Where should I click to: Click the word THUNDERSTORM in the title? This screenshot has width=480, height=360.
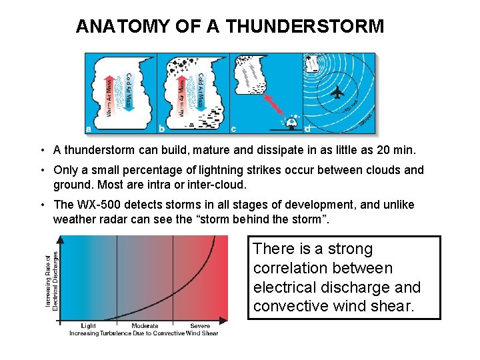click(305, 27)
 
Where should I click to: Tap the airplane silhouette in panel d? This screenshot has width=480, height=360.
click(337, 91)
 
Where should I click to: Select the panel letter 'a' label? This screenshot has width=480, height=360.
click(89, 128)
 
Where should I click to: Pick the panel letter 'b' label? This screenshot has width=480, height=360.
click(162, 128)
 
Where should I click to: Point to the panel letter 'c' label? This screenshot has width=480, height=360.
click(233, 128)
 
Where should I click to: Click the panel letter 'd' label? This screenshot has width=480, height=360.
click(307, 128)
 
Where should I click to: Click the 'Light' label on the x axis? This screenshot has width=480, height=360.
click(89, 326)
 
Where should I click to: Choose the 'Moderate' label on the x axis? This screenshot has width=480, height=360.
click(145, 326)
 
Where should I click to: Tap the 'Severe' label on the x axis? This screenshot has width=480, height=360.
click(200, 326)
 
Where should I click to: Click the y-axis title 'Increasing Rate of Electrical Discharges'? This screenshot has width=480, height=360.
click(52, 279)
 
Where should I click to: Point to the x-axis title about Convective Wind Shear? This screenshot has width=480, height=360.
click(143, 333)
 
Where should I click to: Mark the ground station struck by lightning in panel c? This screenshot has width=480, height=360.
click(289, 123)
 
